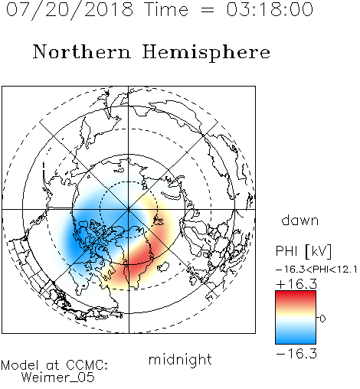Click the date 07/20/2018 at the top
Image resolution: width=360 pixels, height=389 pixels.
[x=70, y=9]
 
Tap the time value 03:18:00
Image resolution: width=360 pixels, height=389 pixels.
[x=270, y=9]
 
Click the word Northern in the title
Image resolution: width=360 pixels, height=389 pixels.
[x=82, y=51]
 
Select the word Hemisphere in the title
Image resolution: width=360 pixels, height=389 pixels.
[x=206, y=53]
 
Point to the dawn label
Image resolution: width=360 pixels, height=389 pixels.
[x=300, y=220]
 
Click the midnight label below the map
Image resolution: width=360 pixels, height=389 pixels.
[x=180, y=359]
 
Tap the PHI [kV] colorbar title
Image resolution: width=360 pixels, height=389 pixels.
[x=304, y=251]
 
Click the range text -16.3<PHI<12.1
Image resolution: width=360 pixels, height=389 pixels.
[x=316, y=270]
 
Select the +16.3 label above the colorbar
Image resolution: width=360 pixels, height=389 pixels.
[x=296, y=283]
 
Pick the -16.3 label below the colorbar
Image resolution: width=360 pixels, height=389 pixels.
[x=296, y=354]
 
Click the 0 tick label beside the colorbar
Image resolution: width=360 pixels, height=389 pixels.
[x=322, y=319]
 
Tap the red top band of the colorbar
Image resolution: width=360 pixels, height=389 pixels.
[x=296, y=296]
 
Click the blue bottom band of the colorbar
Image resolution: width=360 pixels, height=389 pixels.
[x=296, y=338]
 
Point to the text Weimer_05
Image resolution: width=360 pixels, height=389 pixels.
[x=58, y=378]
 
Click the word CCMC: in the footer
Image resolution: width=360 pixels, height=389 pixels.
[x=87, y=364]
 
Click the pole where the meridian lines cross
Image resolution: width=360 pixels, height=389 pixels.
[x=129, y=210]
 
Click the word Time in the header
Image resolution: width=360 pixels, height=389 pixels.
[x=166, y=9]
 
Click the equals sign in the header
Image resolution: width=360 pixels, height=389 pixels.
[x=208, y=10]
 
